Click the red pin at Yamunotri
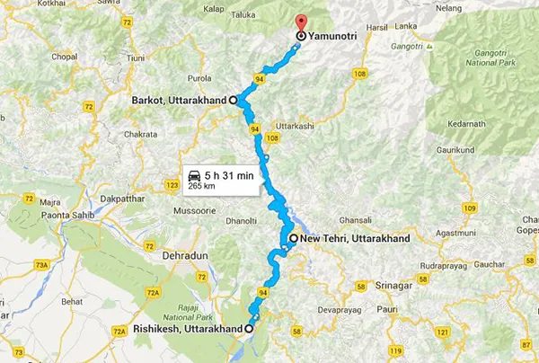(x=299, y=24)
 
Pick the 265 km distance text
(x=201, y=186)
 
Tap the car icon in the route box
(x=193, y=174)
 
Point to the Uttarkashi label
(x=296, y=126)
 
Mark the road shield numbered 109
(x=468, y=208)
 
